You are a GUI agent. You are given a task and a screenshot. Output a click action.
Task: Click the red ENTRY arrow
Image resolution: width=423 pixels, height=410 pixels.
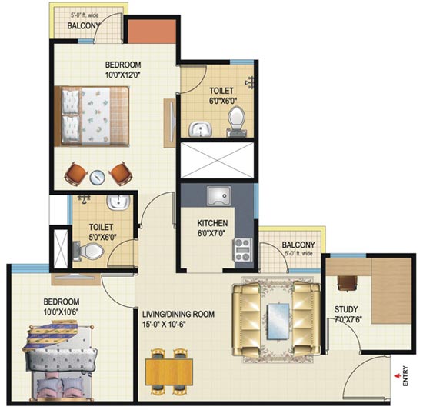(x=397, y=375)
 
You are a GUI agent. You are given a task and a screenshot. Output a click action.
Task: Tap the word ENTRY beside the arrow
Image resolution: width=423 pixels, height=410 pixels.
(x=405, y=375)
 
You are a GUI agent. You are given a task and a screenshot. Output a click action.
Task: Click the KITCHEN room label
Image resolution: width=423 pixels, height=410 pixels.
(x=212, y=223)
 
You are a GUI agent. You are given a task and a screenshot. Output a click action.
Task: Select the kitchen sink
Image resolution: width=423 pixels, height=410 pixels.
(x=218, y=196)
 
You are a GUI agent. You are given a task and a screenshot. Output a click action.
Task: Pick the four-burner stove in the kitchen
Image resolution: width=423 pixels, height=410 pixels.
(x=242, y=250)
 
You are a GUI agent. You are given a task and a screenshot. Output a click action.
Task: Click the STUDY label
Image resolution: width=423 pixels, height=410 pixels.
(x=346, y=309)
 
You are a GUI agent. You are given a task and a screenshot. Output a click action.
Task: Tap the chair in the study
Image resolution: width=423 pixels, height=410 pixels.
(x=348, y=283)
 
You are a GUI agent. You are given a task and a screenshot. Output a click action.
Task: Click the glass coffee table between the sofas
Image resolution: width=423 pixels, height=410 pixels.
(x=278, y=321)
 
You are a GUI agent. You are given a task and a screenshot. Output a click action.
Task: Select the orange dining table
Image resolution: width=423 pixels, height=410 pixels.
(x=169, y=372)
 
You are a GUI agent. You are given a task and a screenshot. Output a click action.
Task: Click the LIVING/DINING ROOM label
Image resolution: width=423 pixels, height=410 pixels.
(x=178, y=315)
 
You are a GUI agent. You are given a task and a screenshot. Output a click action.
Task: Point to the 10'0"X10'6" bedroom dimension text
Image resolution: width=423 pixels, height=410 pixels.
(x=62, y=312)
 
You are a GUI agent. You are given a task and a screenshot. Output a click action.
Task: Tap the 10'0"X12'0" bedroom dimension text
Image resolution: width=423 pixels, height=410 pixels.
(x=123, y=75)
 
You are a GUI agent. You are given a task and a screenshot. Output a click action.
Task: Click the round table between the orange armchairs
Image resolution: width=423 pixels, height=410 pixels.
(x=97, y=177)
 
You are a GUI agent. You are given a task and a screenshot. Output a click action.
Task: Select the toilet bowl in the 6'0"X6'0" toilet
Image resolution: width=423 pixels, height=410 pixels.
(x=237, y=121)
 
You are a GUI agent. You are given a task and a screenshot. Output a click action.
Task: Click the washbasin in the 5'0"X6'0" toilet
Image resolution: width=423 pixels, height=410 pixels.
(x=118, y=202)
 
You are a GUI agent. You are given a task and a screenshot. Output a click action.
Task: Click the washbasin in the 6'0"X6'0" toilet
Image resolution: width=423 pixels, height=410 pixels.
(x=200, y=129)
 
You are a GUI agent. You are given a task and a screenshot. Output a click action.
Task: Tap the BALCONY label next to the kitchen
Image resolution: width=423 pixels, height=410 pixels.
(x=298, y=245)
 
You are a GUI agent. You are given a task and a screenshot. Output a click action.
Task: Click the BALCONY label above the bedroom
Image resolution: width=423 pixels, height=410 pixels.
(x=84, y=25)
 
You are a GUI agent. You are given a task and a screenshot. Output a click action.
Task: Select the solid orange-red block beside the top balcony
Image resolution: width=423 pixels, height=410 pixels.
(x=152, y=32)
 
